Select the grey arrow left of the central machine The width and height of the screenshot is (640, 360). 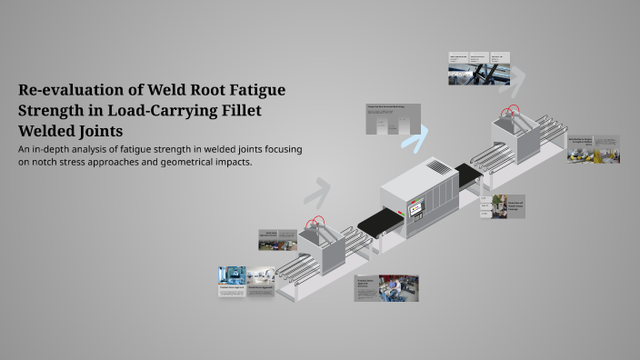(316, 192)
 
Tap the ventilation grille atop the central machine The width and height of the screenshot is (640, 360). (439, 168)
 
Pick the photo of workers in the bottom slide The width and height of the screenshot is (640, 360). (398, 288)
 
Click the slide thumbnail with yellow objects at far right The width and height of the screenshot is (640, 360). (594, 149)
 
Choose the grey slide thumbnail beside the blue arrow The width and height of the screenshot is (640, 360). (393, 119)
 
